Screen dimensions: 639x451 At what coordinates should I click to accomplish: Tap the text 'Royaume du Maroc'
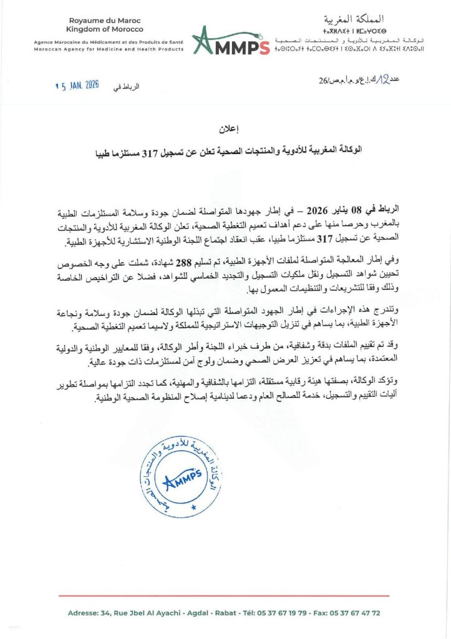[x=105, y=21]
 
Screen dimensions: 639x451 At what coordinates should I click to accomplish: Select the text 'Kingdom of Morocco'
[x=105, y=29]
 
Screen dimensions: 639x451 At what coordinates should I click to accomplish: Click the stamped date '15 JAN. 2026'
[x=77, y=85]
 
